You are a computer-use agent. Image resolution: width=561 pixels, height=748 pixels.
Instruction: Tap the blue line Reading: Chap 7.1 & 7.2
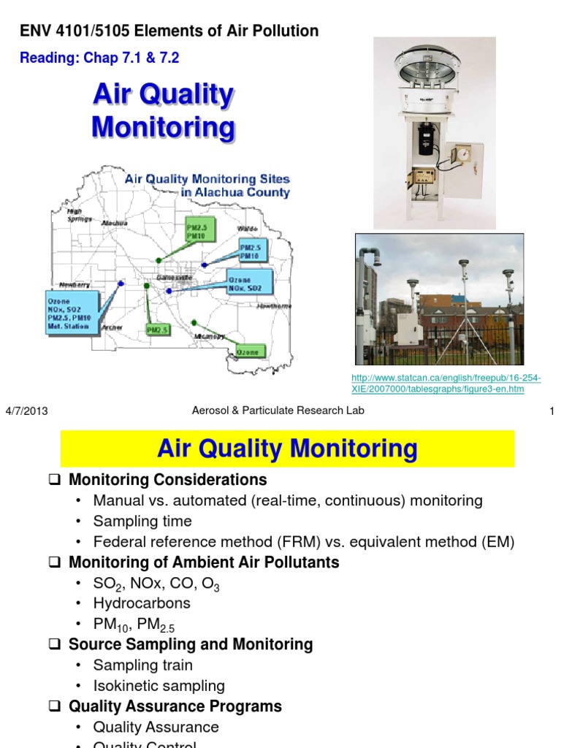[x=99, y=58]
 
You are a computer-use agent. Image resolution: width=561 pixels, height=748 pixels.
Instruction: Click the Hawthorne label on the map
[x=274, y=306]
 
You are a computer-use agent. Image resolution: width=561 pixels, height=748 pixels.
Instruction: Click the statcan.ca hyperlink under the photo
[x=446, y=383]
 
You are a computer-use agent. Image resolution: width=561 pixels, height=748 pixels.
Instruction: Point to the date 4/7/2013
[x=26, y=411]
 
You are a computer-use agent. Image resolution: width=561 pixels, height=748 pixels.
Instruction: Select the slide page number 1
[x=552, y=411]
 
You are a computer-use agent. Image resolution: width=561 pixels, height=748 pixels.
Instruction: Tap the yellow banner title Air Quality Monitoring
[x=287, y=449]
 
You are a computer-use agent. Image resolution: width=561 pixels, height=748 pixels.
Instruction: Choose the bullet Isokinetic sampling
[x=159, y=686]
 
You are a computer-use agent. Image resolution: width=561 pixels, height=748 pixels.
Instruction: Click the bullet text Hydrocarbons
[x=142, y=603]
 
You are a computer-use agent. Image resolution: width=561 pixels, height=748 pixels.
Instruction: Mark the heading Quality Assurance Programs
[x=175, y=706]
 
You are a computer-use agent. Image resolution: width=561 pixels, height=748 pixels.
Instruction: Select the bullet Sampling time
[x=142, y=522]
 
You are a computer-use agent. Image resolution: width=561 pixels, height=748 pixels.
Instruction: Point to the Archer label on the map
[x=112, y=327]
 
